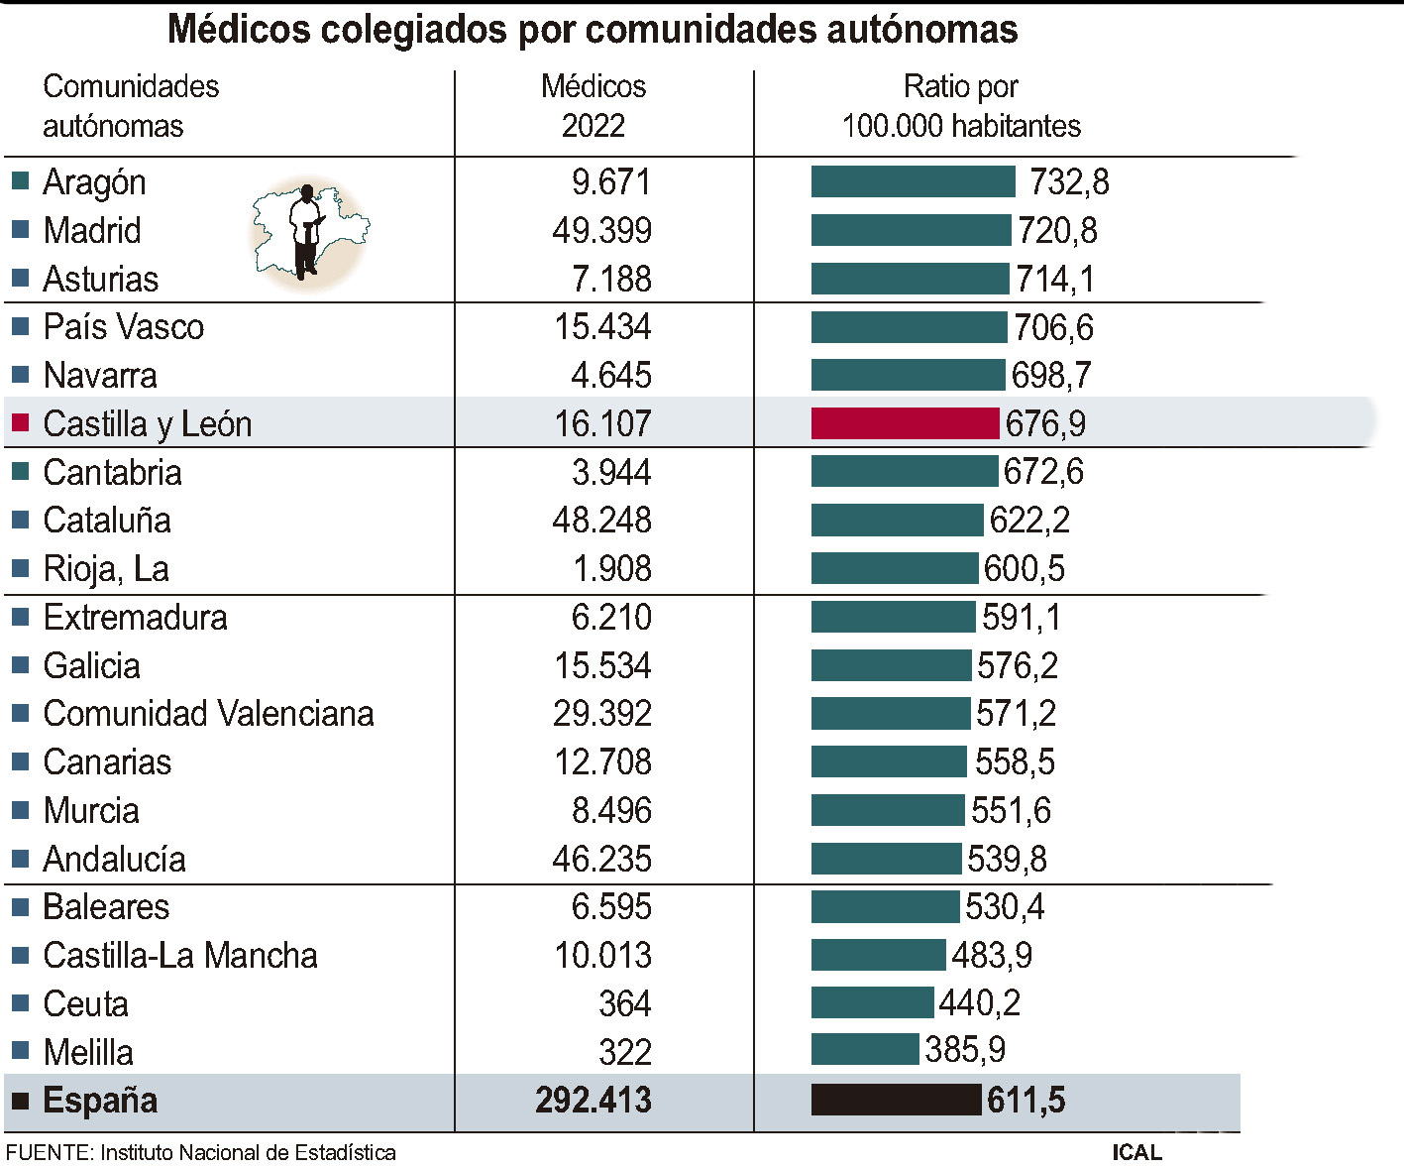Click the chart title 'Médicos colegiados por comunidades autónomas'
[x=593, y=30]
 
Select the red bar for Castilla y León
[x=905, y=423]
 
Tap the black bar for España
[x=896, y=1100]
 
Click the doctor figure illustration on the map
[x=306, y=230]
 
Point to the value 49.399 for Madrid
[x=601, y=231]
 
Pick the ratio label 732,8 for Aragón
[x=1068, y=182]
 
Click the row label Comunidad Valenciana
[x=208, y=714]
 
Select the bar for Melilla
[x=864, y=1049]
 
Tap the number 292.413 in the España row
[x=594, y=1101]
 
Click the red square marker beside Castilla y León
[x=20, y=423]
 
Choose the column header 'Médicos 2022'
[x=594, y=106]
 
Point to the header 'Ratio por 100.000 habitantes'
[x=960, y=106]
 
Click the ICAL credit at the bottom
[x=1136, y=1152]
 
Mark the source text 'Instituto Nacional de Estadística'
[x=248, y=1152]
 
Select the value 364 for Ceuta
[x=624, y=1004]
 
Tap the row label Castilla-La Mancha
[x=179, y=956]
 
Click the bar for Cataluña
[x=897, y=521]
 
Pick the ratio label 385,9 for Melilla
[x=964, y=1049]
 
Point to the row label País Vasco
[x=123, y=327]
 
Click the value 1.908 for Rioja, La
[x=611, y=569]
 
